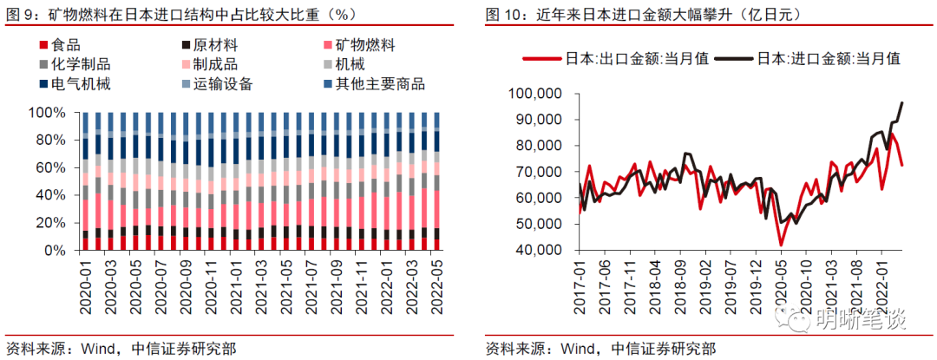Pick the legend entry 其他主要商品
click(x=382, y=84)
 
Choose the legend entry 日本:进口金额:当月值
click(x=829, y=59)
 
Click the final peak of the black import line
click(x=902, y=102)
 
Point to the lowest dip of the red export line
click(x=781, y=245)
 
